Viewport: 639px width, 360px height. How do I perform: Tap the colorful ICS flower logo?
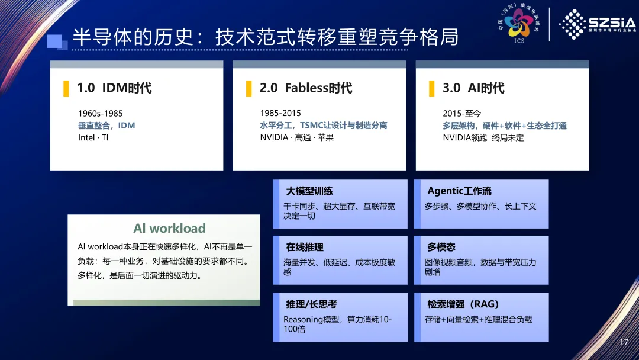(518, 22)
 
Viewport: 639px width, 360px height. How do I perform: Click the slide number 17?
(624, 342)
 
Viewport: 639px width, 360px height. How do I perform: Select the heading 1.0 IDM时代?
(115, 88)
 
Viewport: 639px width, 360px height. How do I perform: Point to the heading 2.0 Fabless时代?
(306, 88)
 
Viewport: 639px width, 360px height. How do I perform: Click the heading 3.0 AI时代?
(473, 88)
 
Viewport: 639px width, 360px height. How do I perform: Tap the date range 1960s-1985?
(100, 113)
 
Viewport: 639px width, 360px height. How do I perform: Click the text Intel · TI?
(93, 137)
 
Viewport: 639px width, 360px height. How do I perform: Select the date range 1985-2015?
(280, 113)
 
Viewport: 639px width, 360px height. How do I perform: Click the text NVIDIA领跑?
(465, 138)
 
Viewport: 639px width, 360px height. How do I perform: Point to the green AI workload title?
(169, 229)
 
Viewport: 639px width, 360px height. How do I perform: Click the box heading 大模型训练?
(309, 191)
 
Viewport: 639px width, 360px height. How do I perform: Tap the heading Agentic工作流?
(459, 191)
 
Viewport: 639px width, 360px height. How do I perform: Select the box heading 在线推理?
(305, 247)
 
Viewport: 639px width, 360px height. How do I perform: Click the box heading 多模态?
(441, 247)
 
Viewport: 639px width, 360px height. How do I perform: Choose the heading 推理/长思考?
(311, 304)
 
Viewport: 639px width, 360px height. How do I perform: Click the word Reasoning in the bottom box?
(303, 320)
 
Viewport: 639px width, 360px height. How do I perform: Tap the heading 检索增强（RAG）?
(463, 304)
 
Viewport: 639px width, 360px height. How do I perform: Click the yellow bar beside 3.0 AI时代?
(431, 88)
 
